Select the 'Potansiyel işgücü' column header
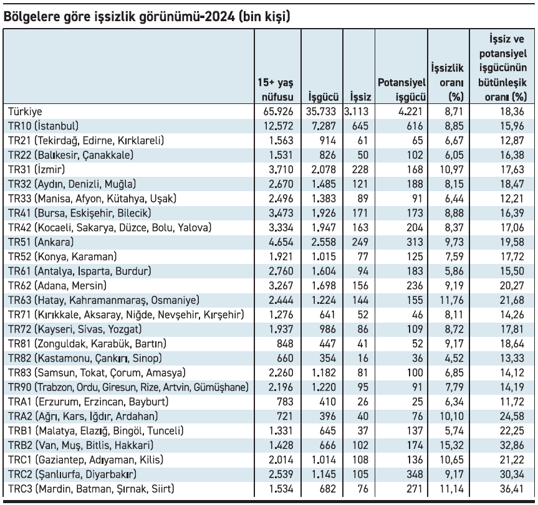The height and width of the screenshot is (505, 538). coord(401,90)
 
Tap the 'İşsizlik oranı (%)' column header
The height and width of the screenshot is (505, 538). coord(448,83)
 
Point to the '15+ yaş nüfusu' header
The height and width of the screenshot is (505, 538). coord(276,90)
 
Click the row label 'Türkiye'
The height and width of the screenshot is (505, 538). coord(25,111)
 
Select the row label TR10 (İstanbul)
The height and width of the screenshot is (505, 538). coord(43,126)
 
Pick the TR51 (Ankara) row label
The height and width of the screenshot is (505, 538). coord(41,242)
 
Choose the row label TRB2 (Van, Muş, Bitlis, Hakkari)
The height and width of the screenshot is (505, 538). coord(80,445)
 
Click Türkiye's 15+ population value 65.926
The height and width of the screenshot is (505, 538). coord(278,111)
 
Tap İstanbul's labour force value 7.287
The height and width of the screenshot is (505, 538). coord(324,126)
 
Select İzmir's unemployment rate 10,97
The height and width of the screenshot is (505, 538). coord(451,169)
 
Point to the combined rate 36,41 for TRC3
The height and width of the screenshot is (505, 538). coord(512,489)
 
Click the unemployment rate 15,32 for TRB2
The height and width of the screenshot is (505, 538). coord(451,445)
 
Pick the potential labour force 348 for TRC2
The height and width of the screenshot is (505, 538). coord(415,474)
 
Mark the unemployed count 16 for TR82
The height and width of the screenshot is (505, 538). coord(362,359)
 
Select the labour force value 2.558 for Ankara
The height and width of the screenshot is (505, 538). coord(324,242)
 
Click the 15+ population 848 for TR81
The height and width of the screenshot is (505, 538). coord(285,344)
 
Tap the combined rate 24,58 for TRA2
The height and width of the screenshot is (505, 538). coord(512,416)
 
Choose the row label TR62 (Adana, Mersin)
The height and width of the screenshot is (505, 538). coord(57,286)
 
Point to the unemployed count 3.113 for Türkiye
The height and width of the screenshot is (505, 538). coord(356,111)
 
